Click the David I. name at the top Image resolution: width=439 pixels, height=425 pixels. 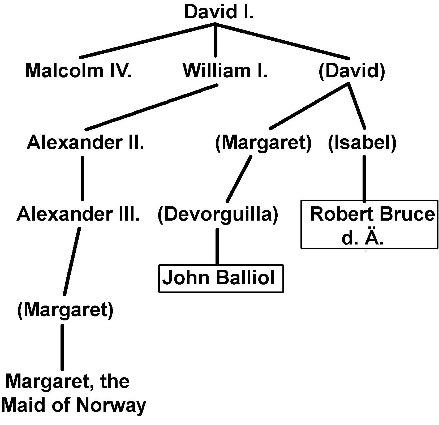[x=219, y=12]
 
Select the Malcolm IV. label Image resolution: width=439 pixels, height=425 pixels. [x=78, y=71]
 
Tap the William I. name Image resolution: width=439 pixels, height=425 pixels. [x=225, y=71]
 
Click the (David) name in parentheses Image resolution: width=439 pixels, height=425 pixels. [x=351, y=71]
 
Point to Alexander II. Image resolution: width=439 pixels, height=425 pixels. [x=85, y=143]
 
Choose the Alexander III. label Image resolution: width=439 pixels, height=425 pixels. [x=78, y=214]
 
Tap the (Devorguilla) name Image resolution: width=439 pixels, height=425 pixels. [x=218, y=214]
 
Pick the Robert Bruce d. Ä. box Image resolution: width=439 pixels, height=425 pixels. [x=369, y=224]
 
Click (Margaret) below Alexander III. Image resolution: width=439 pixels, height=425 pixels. [x=65, y=310]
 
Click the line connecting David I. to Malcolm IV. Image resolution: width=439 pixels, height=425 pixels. [x=147, y=40]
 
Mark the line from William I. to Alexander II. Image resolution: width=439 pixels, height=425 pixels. [x=151, y=108]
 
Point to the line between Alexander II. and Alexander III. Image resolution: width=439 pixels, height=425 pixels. [x=82, y=178]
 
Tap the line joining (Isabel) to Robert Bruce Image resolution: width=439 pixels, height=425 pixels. [x=364, y=178]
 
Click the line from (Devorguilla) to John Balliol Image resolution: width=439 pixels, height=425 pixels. [x=217, y=246]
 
